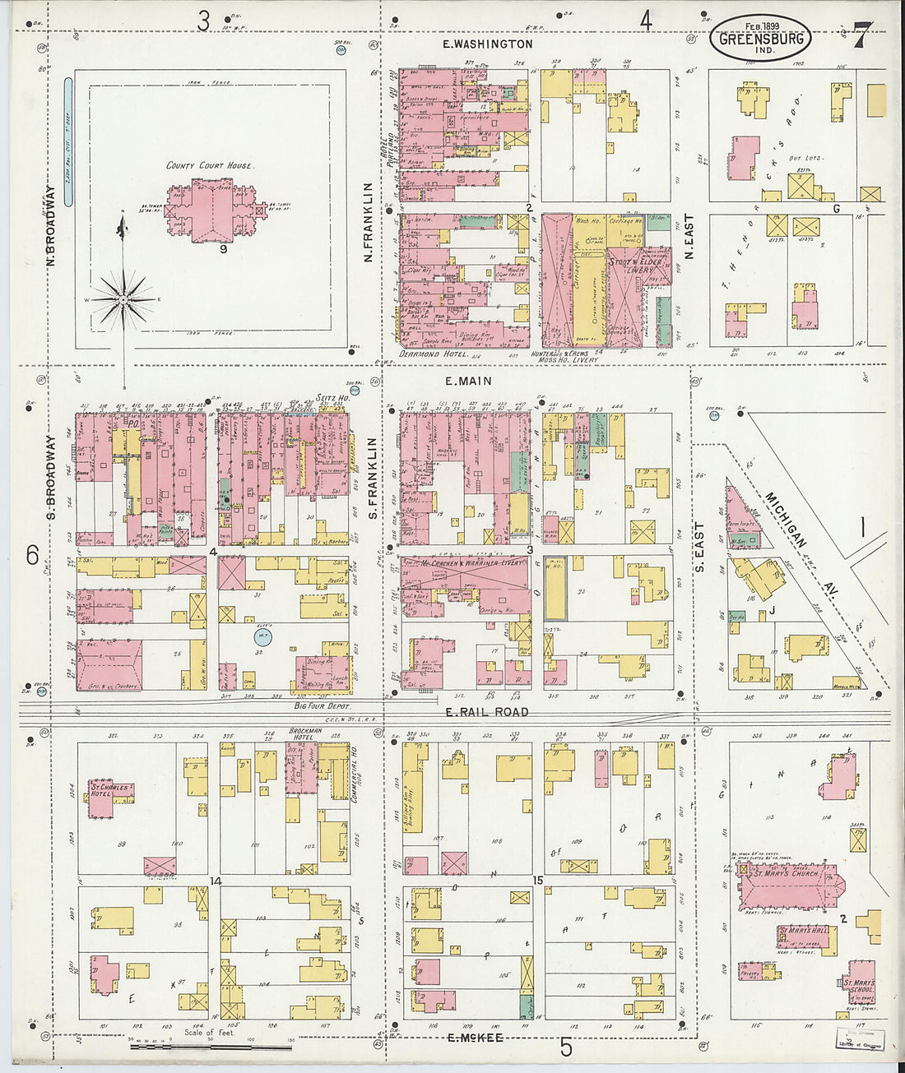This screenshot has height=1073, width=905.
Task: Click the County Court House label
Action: pos(209,165)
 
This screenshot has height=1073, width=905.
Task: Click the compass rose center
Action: pos(123,300)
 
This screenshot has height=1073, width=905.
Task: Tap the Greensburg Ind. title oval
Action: pos(760,39)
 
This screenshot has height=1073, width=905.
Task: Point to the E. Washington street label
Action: pos(487,44)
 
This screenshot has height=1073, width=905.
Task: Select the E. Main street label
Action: pos(468,381)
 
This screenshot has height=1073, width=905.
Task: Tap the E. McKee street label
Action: pos(476,1038)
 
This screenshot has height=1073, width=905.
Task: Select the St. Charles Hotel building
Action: pos(111,797)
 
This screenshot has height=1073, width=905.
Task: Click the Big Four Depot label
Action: pos(323,706)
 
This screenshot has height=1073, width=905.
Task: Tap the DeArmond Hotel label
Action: pos(433,354)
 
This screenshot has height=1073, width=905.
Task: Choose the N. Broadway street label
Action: pos(50,225)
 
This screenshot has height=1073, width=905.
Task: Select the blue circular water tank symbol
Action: pos(261,637)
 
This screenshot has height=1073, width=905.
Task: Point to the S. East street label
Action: pos(699,548)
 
